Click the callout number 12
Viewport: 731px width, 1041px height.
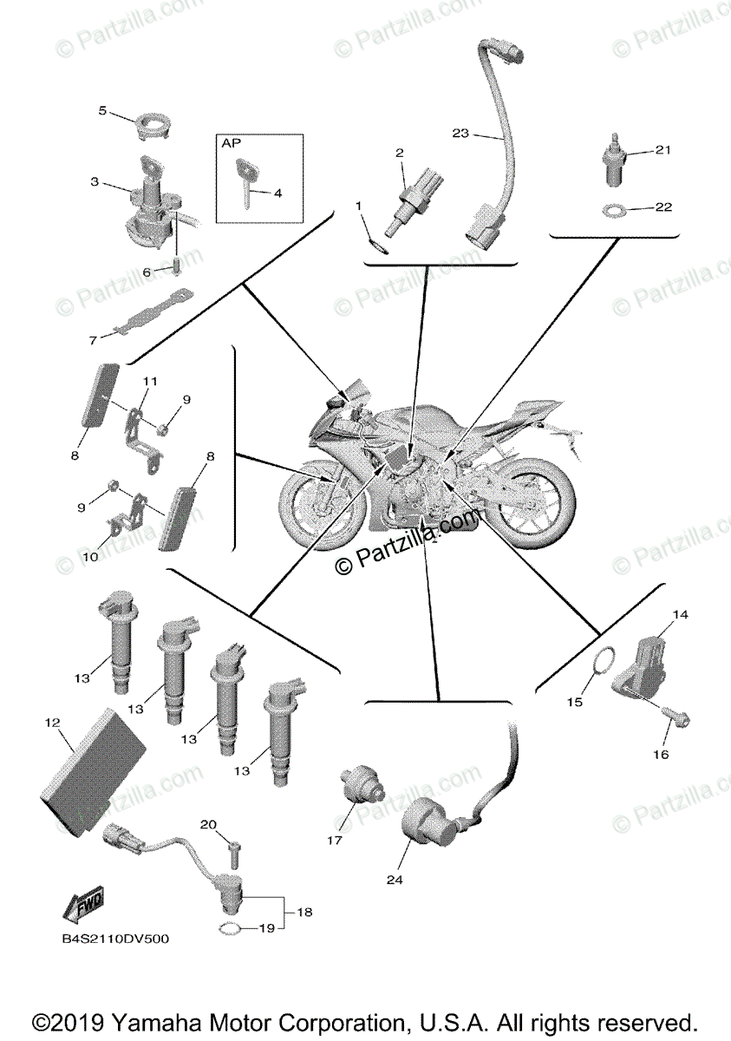coord(52,722)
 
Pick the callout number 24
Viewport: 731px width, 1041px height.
coord(395,879)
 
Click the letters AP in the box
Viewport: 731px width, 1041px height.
coord(232,143)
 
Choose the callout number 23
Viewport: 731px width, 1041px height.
coord(460,133)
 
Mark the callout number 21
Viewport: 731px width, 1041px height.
coord(663,150)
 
